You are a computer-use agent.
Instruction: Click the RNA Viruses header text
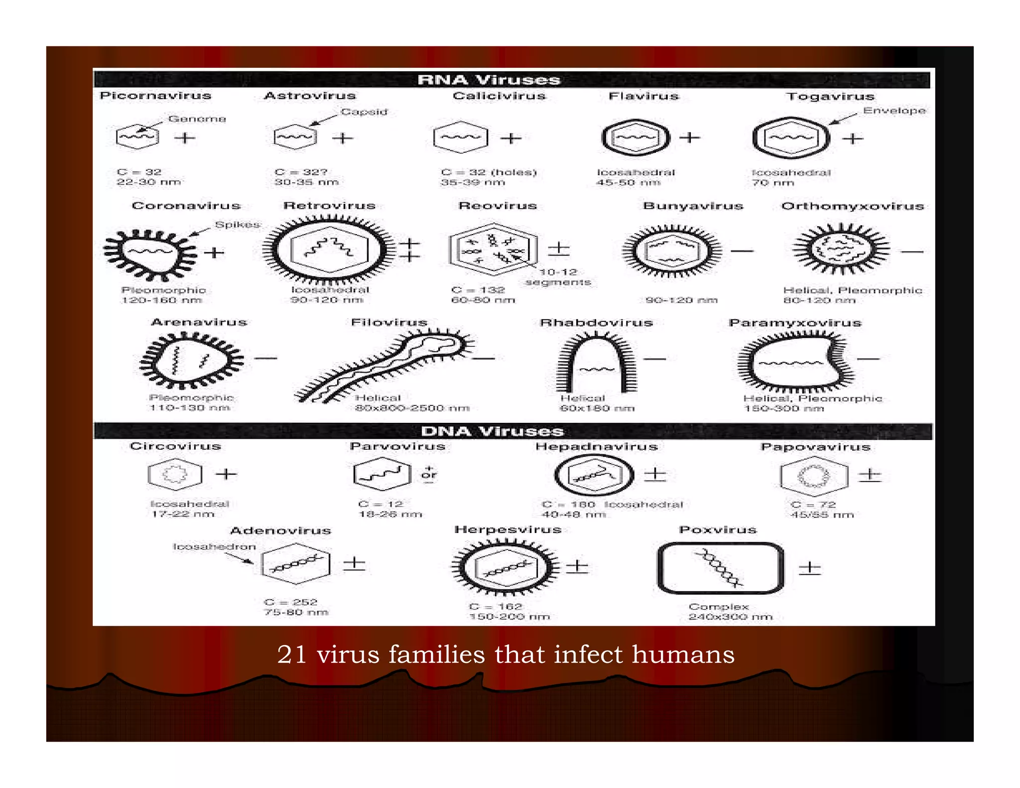click(x=489, y=80)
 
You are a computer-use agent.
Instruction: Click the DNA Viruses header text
click(x=492, y=431)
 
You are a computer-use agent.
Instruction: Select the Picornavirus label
click(x=155, y=95)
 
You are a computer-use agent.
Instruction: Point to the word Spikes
click(x=237, y=225)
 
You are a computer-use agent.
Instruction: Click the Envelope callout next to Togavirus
click(x=894, y=110)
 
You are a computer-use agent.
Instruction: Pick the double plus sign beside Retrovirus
click(x=409, y=250)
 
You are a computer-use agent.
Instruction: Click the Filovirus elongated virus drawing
click(x=383, y=366)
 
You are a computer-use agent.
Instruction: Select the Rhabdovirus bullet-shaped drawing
click(x=596, y=364)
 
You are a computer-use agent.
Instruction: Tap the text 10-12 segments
click(x=558, y=277)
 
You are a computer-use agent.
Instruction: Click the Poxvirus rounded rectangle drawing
click(x=720, y=568)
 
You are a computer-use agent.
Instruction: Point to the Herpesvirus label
click(x=508, y=529)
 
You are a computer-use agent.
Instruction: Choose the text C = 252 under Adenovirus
click(x=290, y=602)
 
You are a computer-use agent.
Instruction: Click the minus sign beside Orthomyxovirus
click(x=912, y=252)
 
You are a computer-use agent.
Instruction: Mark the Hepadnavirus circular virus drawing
click(x=594, y=475)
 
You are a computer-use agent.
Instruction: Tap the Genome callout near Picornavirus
click(x=197, y=119)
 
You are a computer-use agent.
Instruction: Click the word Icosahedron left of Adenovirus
click(x=214, y=546)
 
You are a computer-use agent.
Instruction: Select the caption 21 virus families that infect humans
click(x=506, y=654)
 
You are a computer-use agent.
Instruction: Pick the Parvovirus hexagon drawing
click(x=382, y=474)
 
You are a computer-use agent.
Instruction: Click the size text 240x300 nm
click(x=730, y=617)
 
